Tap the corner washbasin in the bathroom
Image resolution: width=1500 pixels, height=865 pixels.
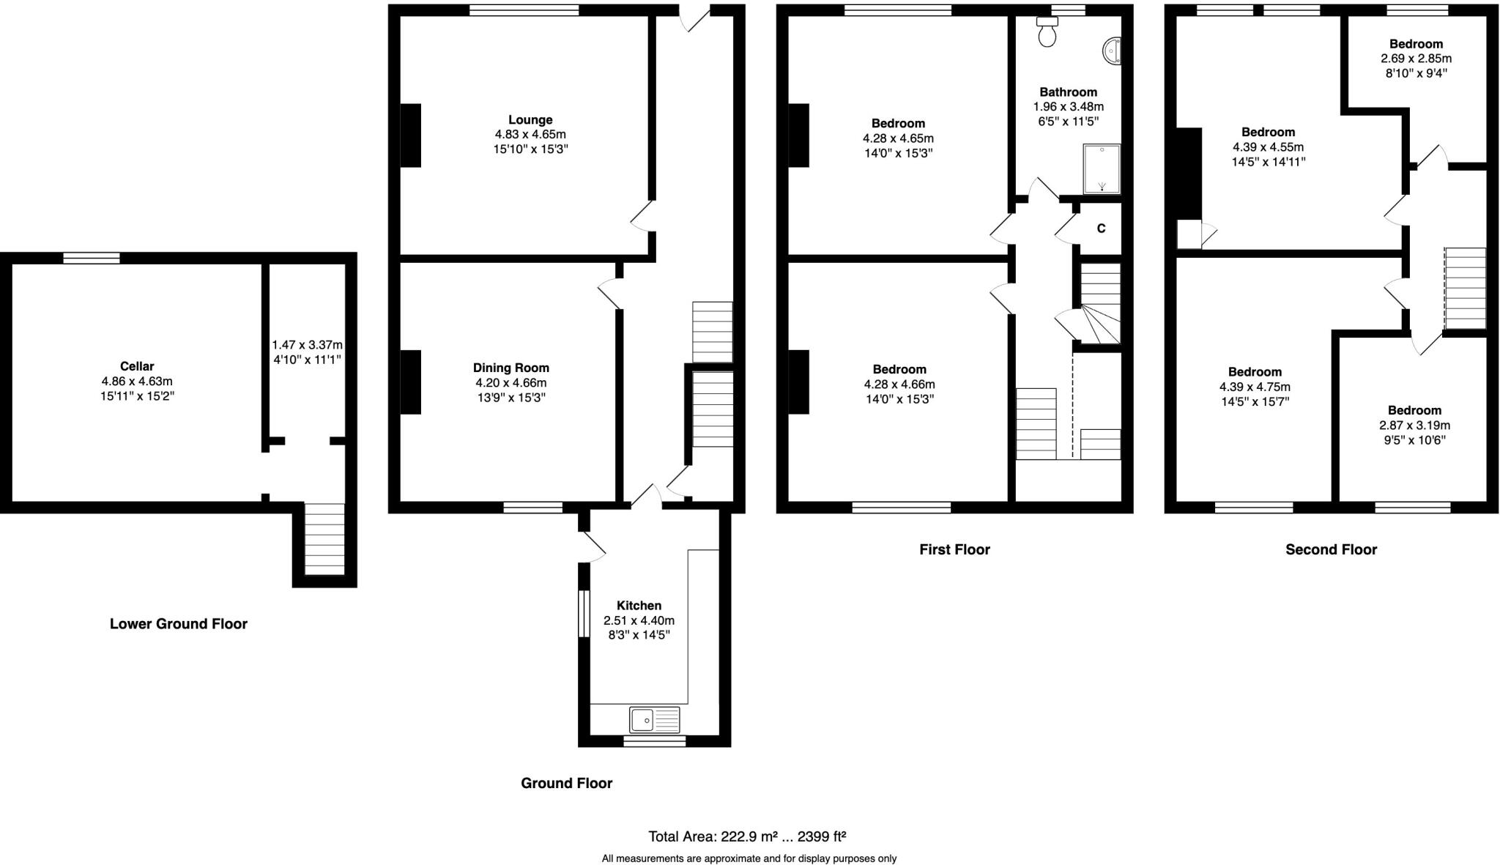(1113, 52)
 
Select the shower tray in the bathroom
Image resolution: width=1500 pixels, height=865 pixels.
(1102, 168)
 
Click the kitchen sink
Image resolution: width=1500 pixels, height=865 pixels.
(655, 720)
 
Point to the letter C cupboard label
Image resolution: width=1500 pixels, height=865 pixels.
(1101, 229)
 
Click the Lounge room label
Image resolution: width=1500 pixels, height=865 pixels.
(530, 119)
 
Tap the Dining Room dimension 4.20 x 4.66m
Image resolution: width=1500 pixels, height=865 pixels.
(510, 382)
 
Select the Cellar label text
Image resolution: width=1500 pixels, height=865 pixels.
(137, 366)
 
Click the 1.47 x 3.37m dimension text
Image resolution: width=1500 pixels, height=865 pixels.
(307, 344)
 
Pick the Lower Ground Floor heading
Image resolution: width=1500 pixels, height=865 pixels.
(179, 624)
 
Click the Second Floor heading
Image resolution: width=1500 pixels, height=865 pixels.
(1331, 549)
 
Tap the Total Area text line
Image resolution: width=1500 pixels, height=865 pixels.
(747, 836)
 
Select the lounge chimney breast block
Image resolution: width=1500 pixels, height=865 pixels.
(410, 135)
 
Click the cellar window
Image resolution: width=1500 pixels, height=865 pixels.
(91, 258)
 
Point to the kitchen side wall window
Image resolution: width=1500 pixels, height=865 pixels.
(584, 614)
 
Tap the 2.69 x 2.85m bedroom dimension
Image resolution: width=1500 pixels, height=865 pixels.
(1416, 59)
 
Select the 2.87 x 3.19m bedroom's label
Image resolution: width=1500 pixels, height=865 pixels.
(1414, 410)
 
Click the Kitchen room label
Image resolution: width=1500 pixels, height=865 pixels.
(639, 606)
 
